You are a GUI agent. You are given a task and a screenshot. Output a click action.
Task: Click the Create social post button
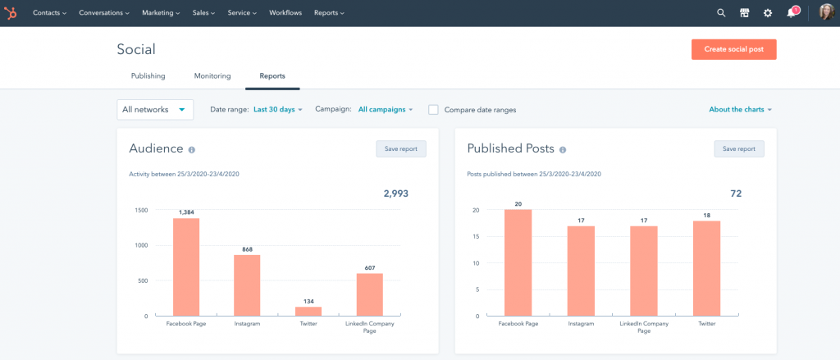(x=733, y=49)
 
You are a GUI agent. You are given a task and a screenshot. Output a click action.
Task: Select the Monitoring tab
(x=212, y=76)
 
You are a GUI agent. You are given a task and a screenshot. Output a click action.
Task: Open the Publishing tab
(x=148, y=76)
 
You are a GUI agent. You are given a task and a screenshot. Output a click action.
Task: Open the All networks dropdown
(x=155, y=109)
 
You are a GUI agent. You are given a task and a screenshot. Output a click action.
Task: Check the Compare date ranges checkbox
(x=433, y=110)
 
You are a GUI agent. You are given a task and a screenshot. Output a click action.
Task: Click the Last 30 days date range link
(x=277, y=109)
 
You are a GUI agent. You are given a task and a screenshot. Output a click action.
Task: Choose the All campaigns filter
(x=385, y=109)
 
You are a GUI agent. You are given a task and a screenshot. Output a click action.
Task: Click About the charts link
(x=740, y=109)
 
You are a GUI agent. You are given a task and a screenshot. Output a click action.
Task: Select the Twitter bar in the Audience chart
(x=308, y=311)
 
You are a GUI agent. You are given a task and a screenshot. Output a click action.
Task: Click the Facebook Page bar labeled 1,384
(x=186, y=267)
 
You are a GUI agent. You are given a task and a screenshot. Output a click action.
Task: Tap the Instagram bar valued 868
(x=247, y=285)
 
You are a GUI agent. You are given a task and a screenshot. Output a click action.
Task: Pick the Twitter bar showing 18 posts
(x=706, y=268)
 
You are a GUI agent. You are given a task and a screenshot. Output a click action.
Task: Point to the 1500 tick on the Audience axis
(x=140, y=210)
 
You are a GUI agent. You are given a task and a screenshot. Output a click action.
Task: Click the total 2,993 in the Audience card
(x=395, y=194)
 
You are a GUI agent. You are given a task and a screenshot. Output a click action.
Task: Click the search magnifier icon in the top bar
(x=721, y=13)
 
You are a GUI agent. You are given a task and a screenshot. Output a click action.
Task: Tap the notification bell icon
(x=791, y=13)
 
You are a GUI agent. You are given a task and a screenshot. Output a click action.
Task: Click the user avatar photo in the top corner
(x=826, y=13)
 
